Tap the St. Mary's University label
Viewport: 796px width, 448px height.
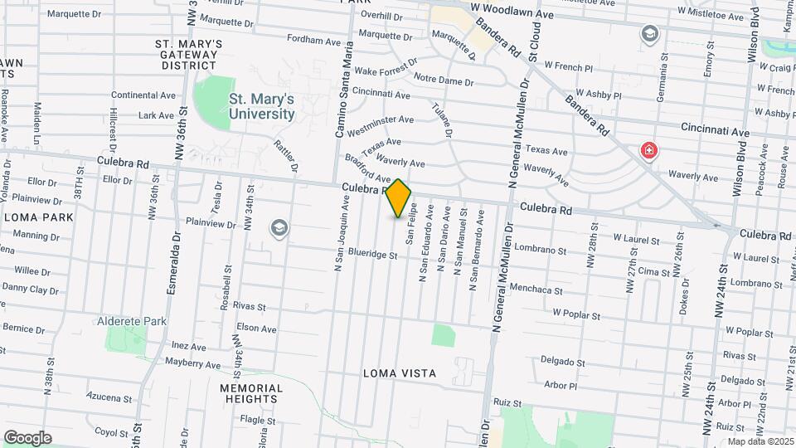(x=261, y=106)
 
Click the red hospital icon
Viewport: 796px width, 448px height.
(x=649, y=151)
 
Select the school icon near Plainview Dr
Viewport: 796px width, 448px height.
(x=279, y=228)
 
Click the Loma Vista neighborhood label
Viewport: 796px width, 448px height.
(x=400, y=373)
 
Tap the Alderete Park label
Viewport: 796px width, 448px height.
(x=132, y=321)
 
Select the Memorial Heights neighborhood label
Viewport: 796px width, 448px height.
(x=250, y=393)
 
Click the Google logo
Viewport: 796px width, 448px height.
(x=27, y=438)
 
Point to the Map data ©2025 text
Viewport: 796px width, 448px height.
(x=760, y=441)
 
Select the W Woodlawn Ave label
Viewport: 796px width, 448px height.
(x=512, y=14)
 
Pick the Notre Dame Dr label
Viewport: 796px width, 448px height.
(x=443, y=82)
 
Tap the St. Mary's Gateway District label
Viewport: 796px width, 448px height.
(x=189, y=54)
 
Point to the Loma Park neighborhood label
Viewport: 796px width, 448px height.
(x=38, y=217)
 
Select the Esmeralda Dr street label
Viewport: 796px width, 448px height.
(x=176, y=256)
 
